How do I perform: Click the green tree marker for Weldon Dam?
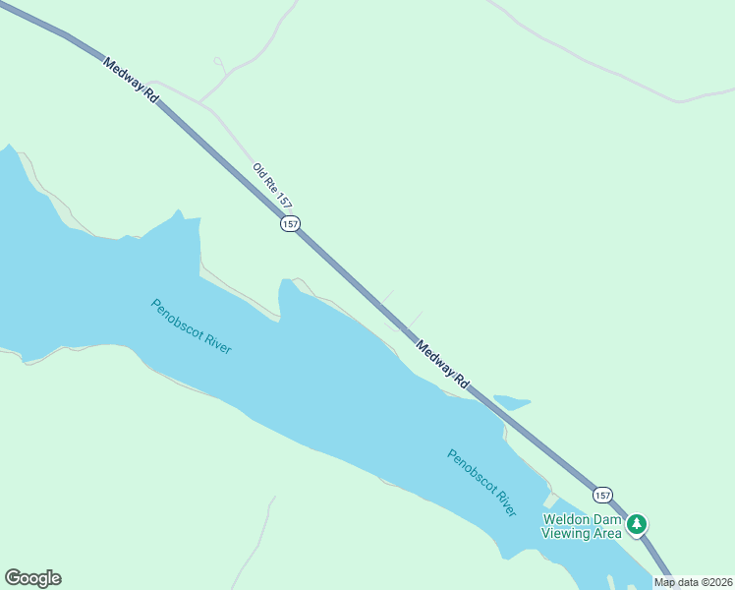click(x=638, y=524)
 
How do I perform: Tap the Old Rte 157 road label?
click(x=272, y=185)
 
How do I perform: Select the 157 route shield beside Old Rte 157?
click(x=290, y=224)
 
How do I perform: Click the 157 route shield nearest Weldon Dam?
click(x=603, y=494)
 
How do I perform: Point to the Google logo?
click(x=32, y=578)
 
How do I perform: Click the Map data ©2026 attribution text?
click(x=692, y=582)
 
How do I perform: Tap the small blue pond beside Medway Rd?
click(x=511, y=402)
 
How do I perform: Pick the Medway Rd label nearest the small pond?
click(x=442, y=364)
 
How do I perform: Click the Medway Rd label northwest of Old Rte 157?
click(x=130, y=80)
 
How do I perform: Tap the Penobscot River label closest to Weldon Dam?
click(x=481, y=483)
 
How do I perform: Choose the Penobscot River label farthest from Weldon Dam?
click(x=192, y=326)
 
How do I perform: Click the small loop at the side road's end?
click(x=218, y=61)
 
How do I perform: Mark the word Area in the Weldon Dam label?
click(x=607, y=533)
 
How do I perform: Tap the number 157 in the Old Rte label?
click(x=284, y=200)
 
